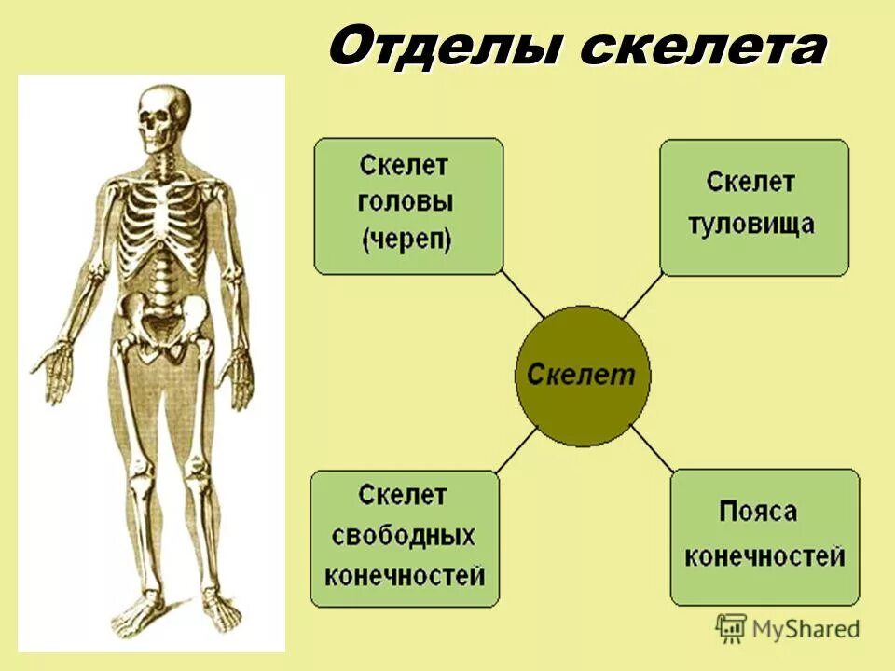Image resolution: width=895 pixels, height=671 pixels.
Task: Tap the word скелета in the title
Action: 702,48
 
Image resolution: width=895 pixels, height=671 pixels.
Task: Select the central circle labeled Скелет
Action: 583,376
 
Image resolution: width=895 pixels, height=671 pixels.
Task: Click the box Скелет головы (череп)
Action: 407,206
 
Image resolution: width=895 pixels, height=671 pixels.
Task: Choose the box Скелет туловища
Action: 754,206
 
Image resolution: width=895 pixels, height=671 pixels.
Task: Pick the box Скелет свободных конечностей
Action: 405,538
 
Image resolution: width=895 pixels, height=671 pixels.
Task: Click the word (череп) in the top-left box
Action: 406,240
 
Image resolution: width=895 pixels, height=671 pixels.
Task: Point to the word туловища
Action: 751,224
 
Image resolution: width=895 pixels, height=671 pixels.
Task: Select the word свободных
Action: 405,537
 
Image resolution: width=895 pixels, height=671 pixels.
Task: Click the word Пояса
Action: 758,512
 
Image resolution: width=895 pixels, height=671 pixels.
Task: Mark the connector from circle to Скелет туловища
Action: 642,298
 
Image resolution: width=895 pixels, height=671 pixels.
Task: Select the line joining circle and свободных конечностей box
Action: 516,451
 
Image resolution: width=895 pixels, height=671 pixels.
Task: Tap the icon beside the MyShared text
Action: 732,628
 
